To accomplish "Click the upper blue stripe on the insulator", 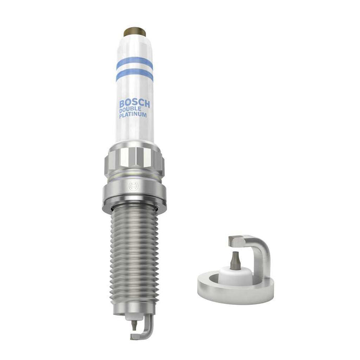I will click(135, 63).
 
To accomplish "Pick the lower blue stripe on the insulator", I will click(135, 75).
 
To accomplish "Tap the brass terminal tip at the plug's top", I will click(134, 32).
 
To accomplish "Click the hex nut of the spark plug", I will click(134, 160).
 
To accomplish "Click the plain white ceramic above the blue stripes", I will click(135, 47).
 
